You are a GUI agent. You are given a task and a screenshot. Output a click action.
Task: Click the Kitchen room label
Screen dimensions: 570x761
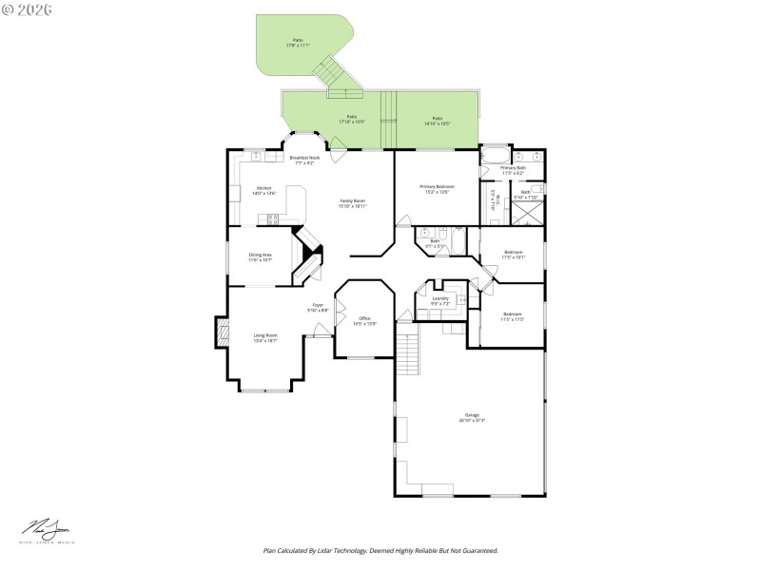[x=264, y=191]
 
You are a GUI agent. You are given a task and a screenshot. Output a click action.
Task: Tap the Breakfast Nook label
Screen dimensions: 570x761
[x=304, y=161]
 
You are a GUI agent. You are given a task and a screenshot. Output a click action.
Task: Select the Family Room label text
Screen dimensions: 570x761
[x=353, y=203]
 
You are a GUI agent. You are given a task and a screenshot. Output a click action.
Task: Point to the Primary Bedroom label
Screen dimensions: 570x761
[x=438, y=189]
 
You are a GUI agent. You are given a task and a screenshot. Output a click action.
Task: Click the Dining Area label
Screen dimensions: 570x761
[x=261, y=256]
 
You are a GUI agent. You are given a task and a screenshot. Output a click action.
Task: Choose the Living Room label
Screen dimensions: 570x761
[x=265, y=337]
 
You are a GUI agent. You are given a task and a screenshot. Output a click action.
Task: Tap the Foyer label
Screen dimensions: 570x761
[x=318, y=308]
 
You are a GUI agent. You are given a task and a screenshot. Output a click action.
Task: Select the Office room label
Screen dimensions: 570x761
[x=364, y=320]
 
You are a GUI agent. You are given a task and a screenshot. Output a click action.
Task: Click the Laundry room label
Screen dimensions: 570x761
[x=439, y=301]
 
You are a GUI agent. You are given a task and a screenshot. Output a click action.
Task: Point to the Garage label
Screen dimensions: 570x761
[x=472, y=418]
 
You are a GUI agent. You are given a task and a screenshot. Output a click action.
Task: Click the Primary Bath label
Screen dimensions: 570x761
[x=514, y=171]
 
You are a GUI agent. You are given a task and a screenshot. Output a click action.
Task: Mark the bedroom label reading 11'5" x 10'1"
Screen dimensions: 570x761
[x=513, y=255]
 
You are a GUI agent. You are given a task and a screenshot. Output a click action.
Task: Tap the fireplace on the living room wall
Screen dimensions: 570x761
[x=223, y=333]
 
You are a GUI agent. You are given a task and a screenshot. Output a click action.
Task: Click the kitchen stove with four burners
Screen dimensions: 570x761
[x=273, y=219]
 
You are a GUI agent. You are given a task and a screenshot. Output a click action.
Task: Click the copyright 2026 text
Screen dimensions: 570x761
[x=28, y=9]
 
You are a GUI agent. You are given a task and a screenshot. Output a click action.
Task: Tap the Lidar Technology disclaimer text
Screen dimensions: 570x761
[x=380, y=550]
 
